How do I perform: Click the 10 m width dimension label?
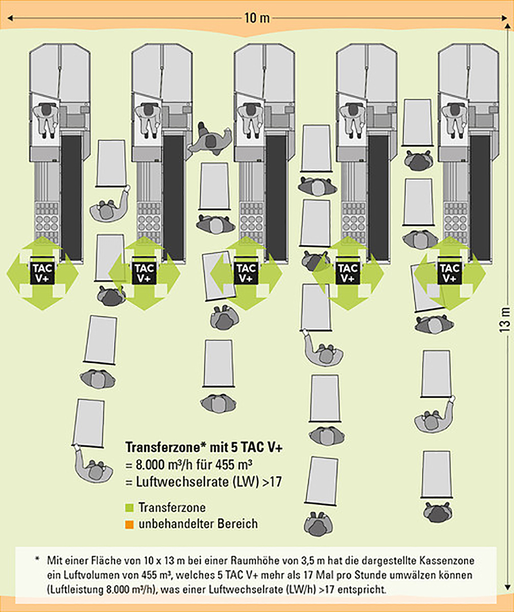257,19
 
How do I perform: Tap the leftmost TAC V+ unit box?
42,273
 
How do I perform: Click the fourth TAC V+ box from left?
348,273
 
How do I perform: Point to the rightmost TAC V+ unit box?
450,273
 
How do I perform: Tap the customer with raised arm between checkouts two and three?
210,140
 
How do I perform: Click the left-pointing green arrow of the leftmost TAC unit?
15,273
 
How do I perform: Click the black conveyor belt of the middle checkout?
276,195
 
